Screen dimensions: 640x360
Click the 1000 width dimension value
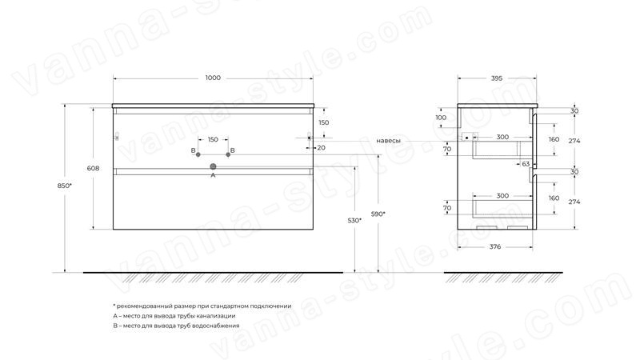tap(213, 78)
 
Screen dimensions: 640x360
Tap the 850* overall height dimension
tap(64, 186)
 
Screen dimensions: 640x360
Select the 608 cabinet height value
tap(93, 168)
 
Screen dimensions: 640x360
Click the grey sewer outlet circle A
tap(213, 166)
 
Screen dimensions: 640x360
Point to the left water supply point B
tap(198, 154)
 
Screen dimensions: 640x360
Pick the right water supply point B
tap(228, 154)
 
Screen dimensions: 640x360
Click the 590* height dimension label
tap(378, 214)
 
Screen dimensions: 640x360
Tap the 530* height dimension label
tap(354, 221)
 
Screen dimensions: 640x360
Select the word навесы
tap(388, 141)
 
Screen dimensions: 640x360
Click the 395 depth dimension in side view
tap(496, 78)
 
